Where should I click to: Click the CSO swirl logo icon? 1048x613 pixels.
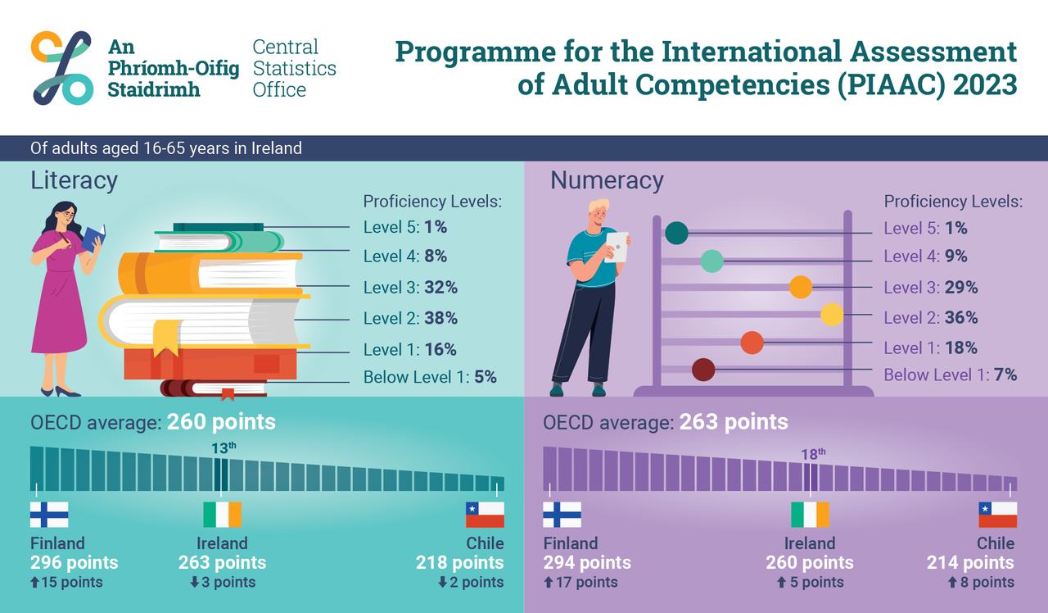(x=62, y=68)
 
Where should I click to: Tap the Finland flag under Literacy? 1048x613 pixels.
(x=49, y=515)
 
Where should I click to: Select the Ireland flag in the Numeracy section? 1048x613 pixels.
(x=810, y=515)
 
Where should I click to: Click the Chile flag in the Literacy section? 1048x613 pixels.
(x=485, y=515)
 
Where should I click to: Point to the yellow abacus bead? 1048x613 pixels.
(x=832, y=315)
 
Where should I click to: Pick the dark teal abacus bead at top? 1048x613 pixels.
(x=676, y=233)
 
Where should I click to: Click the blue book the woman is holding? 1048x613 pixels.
(x=93, y=237)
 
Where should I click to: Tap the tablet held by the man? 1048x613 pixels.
(x=617, y=246)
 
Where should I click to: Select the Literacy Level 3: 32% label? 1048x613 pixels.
(x=410, y=288)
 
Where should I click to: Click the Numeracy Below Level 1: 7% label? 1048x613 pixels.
(x=950, y=375)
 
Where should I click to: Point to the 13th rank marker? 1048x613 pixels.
(x=222, y=447)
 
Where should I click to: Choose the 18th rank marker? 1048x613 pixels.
(x=813, y=453)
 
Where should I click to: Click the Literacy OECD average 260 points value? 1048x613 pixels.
(x=221, y=423)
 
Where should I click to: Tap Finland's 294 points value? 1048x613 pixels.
(x=587, y=563)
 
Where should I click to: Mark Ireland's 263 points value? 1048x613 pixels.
(x=222, y=563)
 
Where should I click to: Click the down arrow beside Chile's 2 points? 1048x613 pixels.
(x=441, y=583)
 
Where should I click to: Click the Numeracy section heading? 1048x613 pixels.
(x=607, y=180)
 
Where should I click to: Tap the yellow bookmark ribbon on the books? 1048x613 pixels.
(x=166, y=337)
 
